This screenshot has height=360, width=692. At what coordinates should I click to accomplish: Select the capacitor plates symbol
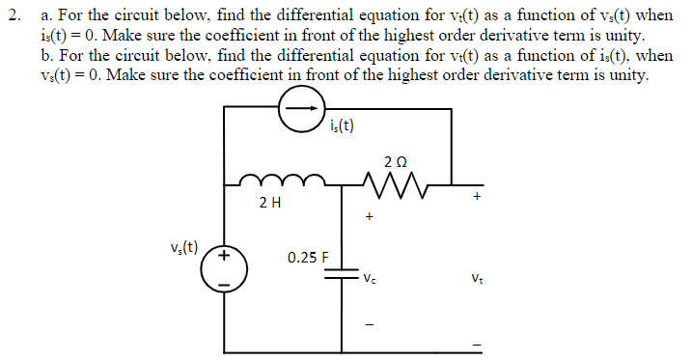point(343,275)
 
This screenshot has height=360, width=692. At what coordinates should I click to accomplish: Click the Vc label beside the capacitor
point(370,281)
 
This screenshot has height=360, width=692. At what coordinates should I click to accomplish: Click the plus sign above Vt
point(476,196)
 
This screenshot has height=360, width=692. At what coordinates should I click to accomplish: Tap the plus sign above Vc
point(369,218)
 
